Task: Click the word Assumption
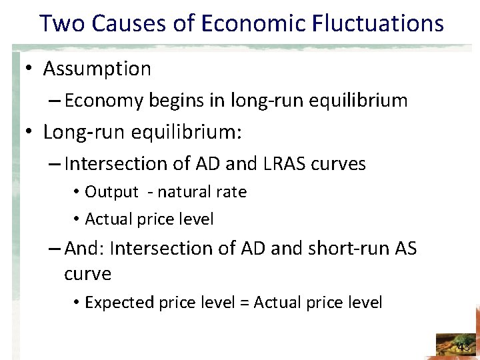[97, 69]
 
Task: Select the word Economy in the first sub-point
[104, 101]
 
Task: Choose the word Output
[111, 192]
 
